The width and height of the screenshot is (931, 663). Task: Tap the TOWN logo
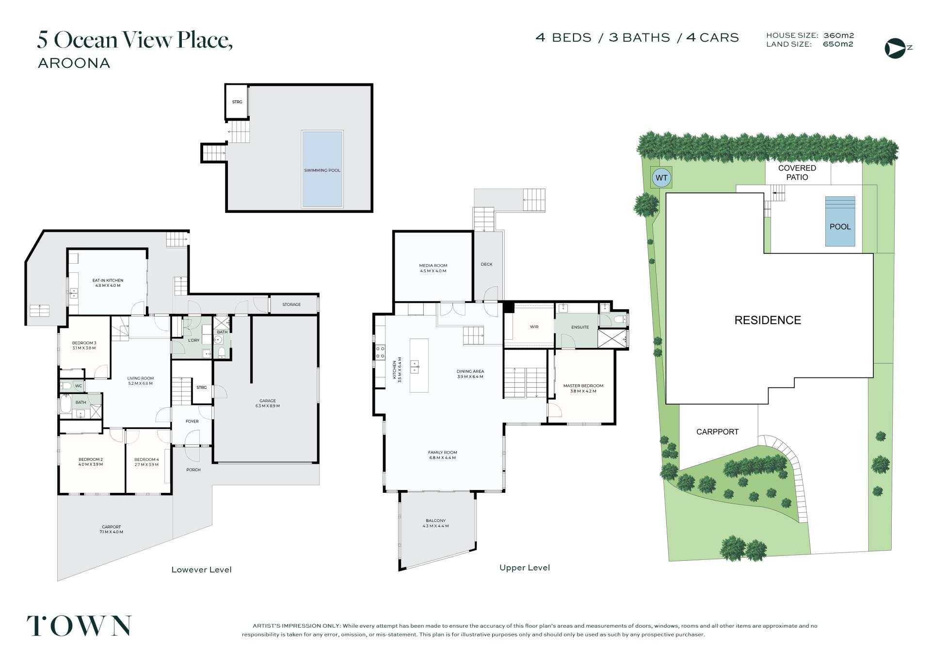[79, 626]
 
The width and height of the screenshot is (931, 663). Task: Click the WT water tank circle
[661, 178]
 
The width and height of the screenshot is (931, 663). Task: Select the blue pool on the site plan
[840, 221]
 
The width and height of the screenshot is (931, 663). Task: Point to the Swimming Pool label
[322, 171]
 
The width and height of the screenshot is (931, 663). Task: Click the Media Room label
[433, 268]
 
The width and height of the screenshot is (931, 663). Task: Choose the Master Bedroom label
[583, 388]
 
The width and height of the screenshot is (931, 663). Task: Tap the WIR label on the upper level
[534, 327]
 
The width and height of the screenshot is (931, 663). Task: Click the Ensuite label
[580, 327]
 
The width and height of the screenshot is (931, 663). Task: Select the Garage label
[268, 403]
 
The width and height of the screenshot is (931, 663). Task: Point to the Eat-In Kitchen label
[108, 283]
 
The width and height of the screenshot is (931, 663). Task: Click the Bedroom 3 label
[84, 346]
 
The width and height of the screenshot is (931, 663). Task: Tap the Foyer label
[192, 421]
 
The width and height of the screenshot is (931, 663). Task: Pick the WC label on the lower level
[79, 386]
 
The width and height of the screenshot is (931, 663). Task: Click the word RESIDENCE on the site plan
[768, 320]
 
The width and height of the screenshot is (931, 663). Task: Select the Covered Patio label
[797, 173]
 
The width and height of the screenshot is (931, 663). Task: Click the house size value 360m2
[839, 35]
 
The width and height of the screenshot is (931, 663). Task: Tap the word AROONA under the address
[74, 63]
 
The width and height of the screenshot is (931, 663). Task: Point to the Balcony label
[435, 523]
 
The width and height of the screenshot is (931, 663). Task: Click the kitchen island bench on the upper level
[419, 365]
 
